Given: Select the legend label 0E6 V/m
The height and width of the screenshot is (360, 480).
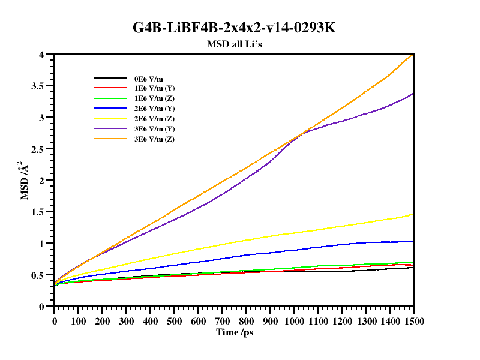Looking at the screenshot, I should pyautogui.click(x=148, y=78).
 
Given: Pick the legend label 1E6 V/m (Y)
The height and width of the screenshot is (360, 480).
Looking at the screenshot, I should pyautogui.click(x=154, y=88).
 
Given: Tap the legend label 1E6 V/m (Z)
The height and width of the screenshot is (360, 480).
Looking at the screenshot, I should pyautogui.click(x=154, y=98).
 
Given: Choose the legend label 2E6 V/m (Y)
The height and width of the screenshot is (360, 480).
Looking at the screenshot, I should pyautogui.click(x=154, y=109).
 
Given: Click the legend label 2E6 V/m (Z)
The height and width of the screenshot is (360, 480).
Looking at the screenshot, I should pyautogui.click(x=154, y=119).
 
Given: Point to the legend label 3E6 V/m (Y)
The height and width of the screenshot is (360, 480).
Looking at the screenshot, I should pyautogui.click(x=154, y=129).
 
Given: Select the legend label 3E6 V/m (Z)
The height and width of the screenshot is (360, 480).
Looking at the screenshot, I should pyautogui.click(x=154, y=139).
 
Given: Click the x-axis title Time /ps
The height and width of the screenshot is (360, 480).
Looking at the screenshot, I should pyautogui.click(x=234, y=332).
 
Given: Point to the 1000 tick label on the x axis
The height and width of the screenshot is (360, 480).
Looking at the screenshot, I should pyautogui.click(x=294, y=321).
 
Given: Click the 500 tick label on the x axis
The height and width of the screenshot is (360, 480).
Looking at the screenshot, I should pyautogui.click(x=174, y=321).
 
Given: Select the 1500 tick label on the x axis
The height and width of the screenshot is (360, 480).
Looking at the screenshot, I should pyautogui.click(x=413, y=321).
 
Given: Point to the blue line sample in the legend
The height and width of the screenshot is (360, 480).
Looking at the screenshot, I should pyautogui.click(x=109, y=109).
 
